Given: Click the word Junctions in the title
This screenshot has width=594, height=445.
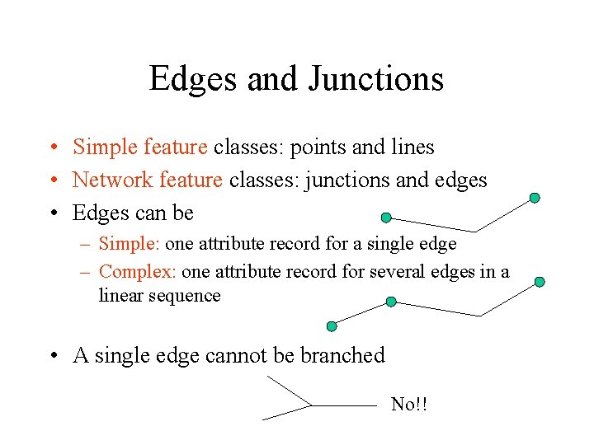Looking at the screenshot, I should (375, 79).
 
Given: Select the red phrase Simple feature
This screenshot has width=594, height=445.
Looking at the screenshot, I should (139, 148).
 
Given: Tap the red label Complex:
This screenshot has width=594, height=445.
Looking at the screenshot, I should (137, 271).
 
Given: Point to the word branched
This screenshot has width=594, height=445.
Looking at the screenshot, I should (342, 356).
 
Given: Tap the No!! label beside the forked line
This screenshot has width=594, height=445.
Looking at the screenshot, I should (409, 404).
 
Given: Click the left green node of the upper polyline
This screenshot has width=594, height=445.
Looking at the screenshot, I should (386, 218).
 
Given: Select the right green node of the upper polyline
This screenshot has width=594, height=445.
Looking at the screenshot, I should (535, 198).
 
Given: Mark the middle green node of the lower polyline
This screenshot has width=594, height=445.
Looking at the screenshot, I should (391, 302).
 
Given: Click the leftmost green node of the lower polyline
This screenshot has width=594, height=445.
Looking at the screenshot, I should (332, 326).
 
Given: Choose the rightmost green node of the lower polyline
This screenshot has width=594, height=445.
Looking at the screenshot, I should (540, 282).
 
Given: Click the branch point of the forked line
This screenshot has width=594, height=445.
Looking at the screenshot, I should (312, 405).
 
